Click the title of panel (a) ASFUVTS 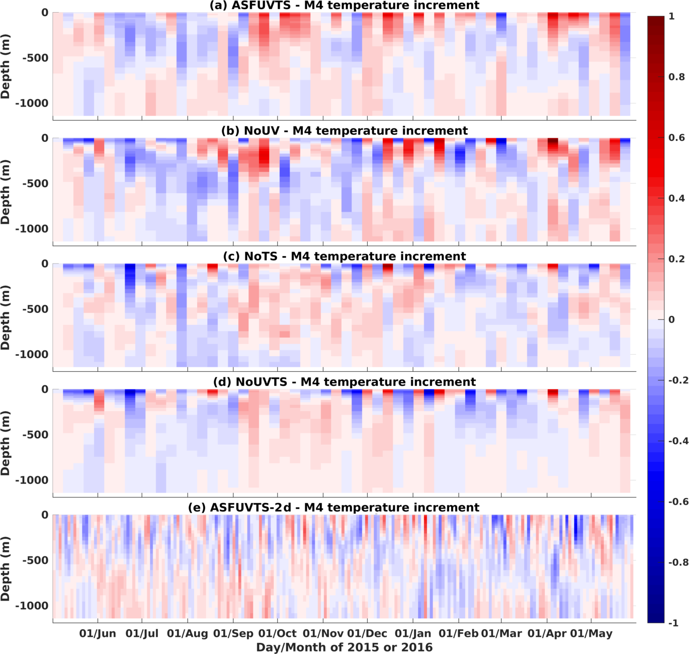point(344,6)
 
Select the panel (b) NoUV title point(344,131)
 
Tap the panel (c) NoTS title point(344,257)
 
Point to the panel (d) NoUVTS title point(344,382)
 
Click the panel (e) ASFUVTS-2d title point(333,508)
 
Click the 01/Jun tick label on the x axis point(98,634)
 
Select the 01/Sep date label point(233,634)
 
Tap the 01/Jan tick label point(413,634)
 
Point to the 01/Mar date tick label point(501,634)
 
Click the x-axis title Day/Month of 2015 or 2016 point(344,647)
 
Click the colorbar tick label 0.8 point(676,77)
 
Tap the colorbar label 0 point(671,319)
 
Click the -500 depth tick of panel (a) point(35,58)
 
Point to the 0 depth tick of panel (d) point(45,389)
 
